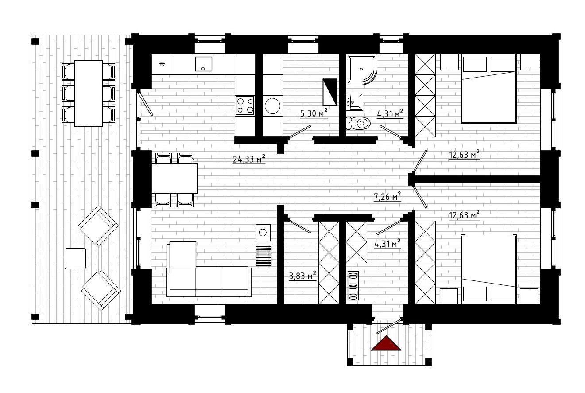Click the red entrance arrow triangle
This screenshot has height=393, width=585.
point(386,344)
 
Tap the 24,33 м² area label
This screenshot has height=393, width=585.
point(249,159)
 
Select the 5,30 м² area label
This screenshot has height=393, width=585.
point(314,113)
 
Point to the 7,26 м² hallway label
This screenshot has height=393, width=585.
point(387,197)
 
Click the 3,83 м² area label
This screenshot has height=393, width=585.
point(302,276)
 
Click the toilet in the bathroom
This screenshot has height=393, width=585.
point(358,123)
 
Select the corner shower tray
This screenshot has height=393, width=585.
point(362,69)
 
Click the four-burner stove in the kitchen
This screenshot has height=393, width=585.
point(245,105)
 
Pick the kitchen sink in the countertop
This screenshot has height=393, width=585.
point(203,64)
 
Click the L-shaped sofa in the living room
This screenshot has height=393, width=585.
point(209,269)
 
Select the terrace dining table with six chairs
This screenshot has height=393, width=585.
point(89,93)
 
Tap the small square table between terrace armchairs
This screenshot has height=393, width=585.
point(75,259)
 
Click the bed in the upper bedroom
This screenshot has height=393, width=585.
point(488,89)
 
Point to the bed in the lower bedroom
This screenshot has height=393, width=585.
point(488,269)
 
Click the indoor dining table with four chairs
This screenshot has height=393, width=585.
point(174,179)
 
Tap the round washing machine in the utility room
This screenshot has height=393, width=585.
point(272,106)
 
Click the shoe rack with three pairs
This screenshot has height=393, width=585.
point(353,286)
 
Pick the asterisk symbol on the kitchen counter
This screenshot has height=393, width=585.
point(162,63)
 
